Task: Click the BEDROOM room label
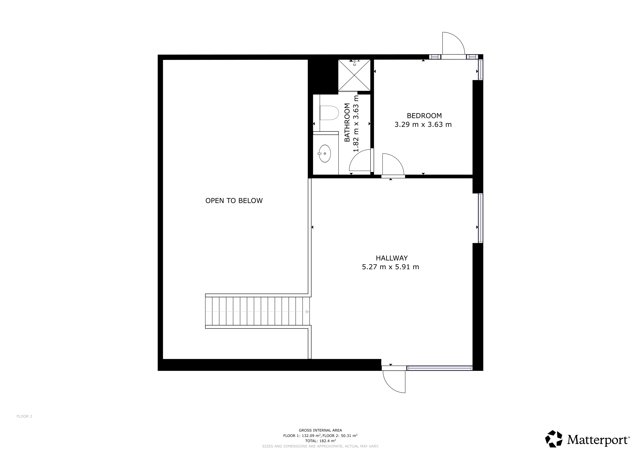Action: click(x=424, y=115)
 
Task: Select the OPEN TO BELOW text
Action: click(x=234, y=201)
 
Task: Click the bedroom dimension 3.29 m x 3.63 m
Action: click(x=423, y=125)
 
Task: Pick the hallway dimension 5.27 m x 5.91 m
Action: click(x=391, y=267)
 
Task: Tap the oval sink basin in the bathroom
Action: click(x=325, y=153)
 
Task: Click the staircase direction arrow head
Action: click(x=308, y=312)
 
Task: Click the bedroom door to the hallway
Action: click(x=393, y=165)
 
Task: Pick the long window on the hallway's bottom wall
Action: click(x=439, y=368)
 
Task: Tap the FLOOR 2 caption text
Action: click(x=24, y=416)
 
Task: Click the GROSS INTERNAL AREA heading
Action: click(x=320, y=430)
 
